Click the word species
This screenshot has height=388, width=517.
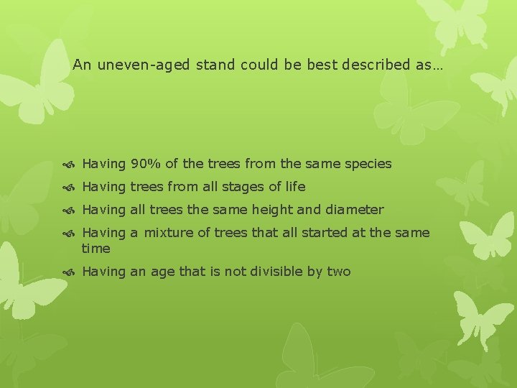pyautogui.click(x=368, y=164)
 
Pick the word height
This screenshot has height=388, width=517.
pyautogui.click(x=276, y=210)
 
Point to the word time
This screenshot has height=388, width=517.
pyautogui.click(x=96, y=249)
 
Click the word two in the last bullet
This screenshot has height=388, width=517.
pyautogui.click(x=339, y=272)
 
